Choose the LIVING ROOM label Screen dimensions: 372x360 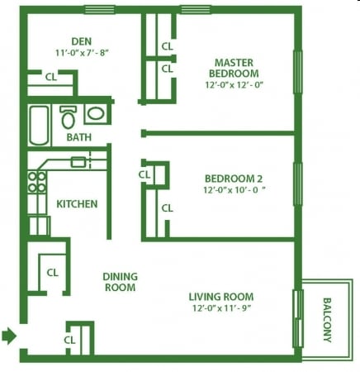coord(220,297)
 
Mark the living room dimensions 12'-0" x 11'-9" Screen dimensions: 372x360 coord(220,309)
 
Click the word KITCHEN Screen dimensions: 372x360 coord(77,204)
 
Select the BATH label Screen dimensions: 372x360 coord(79,137)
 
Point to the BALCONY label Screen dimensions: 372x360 coord(327,320)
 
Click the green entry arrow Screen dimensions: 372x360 coord(9,336)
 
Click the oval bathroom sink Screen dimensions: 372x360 coord(94,115)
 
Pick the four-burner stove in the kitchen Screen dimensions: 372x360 coord(37,182)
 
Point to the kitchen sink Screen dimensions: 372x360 coord(80,161)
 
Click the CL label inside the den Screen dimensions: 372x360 coord(51,77)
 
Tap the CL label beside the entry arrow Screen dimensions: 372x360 coord(70,340)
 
